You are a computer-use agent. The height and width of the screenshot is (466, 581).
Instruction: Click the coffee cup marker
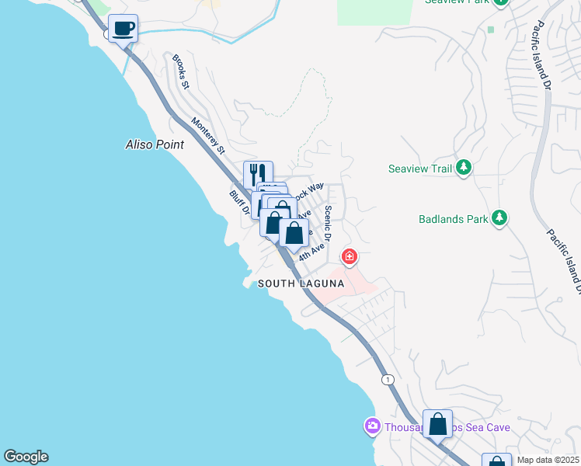(x=123, y=30)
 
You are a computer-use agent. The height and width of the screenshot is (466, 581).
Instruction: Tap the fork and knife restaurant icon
(x=258, y=174)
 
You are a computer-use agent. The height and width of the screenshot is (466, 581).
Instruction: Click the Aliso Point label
(x=155, y=144)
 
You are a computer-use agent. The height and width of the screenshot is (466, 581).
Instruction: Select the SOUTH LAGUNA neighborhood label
(x=301, y=284)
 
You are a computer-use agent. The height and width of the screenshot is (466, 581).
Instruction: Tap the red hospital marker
(x=350, y=256)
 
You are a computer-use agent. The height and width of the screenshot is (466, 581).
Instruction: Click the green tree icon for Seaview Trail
(x=463, y=168)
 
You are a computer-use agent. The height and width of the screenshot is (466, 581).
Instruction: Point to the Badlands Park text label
(x=454, y=219)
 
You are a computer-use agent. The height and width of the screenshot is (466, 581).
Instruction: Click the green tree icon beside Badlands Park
(x=499, y=218)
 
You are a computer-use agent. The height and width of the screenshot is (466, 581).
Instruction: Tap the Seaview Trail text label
(x=419, y=169)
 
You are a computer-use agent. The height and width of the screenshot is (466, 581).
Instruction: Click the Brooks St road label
(x=181, y=72)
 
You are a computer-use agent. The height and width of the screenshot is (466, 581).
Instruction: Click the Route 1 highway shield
(x=388, y=379)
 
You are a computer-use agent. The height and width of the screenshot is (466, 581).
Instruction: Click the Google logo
(x=26, y=457)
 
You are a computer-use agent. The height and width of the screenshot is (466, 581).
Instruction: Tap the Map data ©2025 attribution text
(x=548, y=460)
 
